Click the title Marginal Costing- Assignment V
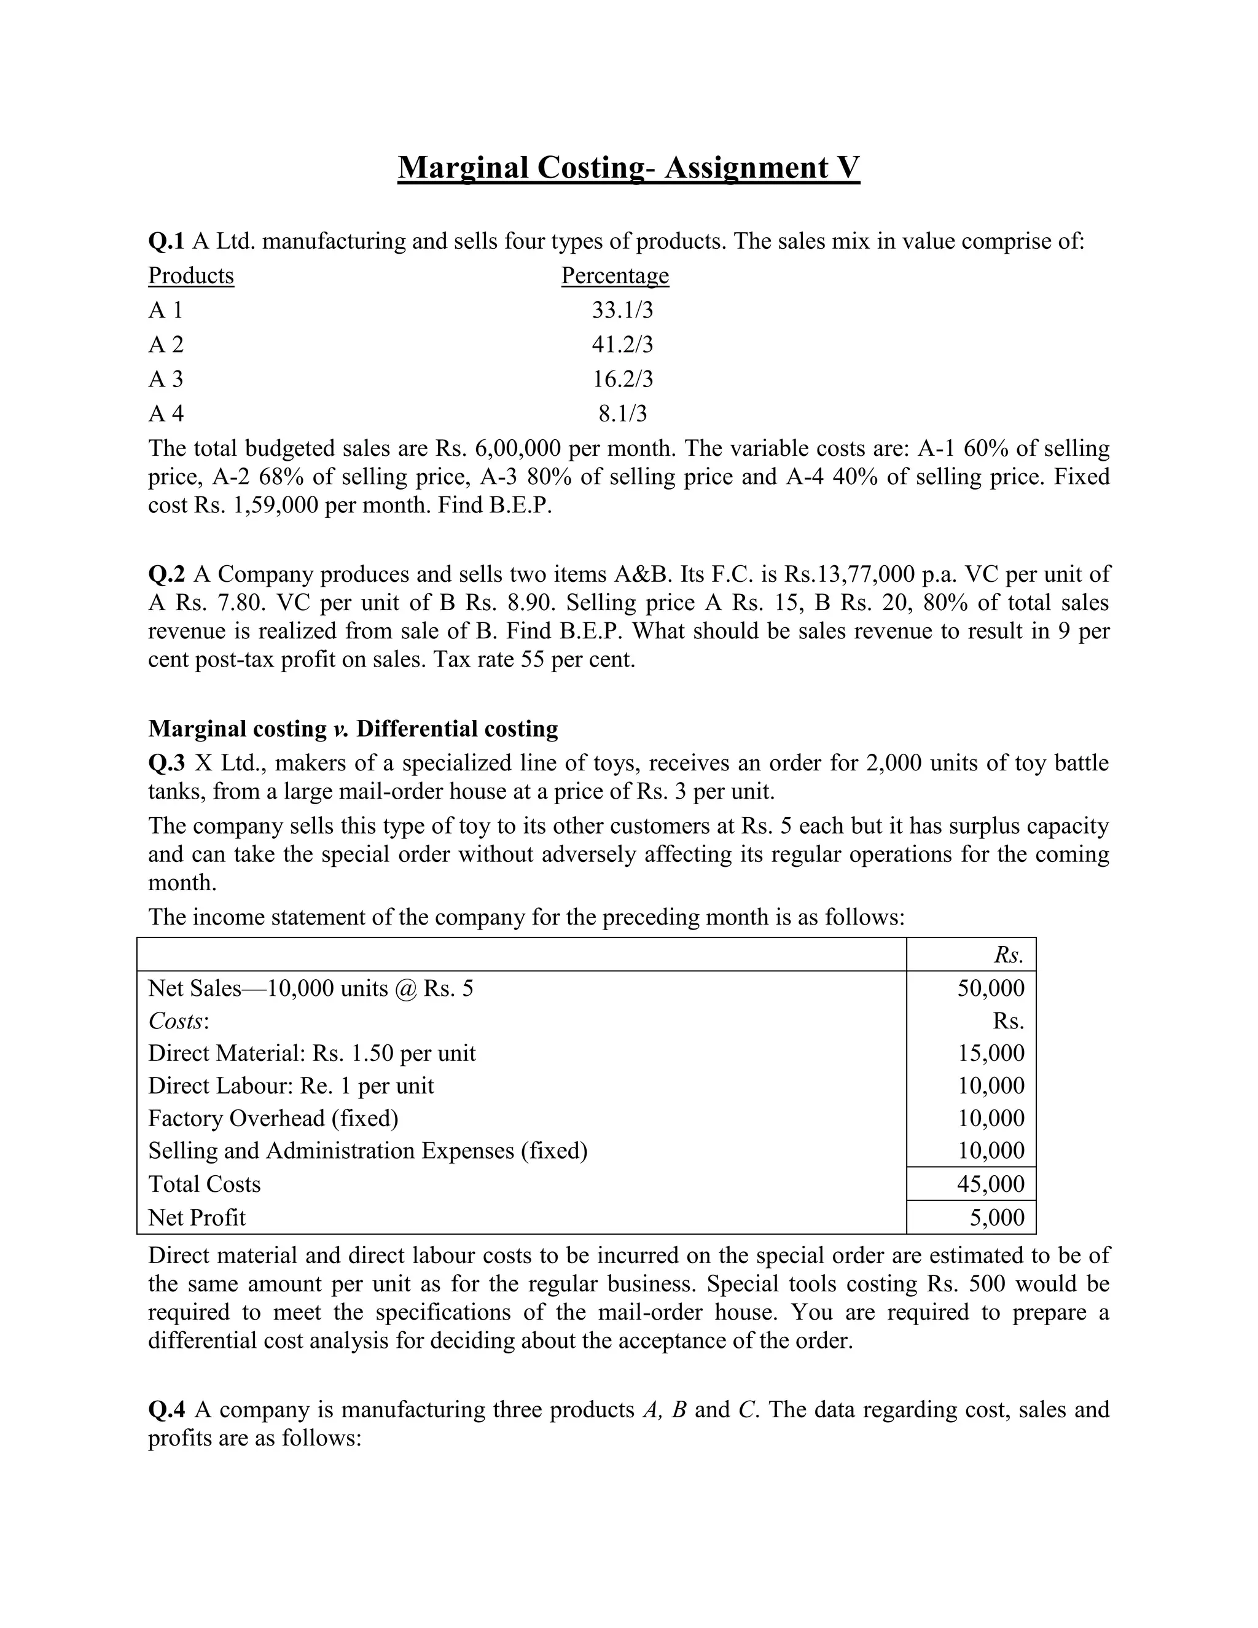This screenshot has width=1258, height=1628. pos(628,168)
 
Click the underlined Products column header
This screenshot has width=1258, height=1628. pos(191,276)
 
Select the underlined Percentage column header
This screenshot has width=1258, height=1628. pos(615,276)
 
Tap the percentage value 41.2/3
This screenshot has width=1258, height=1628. pos(622,345)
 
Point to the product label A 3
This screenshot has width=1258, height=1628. pos(165,380)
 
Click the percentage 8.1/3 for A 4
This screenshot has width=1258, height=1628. pos(623,413)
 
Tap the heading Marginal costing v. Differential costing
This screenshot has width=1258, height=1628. pos(353,728)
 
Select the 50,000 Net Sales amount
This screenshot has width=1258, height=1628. pos(990,988)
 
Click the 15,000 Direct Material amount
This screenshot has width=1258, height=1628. pos(990,1053)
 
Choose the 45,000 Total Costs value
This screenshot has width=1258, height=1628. pos(990,1184)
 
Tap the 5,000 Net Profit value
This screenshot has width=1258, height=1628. pos(996,1217)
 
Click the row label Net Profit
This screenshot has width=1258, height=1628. pos(197,1217)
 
